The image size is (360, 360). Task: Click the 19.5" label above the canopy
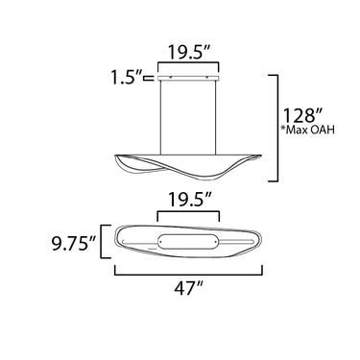[189, 53]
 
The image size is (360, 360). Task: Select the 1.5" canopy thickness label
[127, 78]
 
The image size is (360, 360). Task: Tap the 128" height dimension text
[302, 115]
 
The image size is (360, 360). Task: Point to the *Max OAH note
[307, 130]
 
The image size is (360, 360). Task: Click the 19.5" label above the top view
[189, 201]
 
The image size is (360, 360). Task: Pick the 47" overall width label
[189, 289]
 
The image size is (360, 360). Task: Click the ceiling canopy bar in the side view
[188, 78]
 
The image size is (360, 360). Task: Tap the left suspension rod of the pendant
[160, 117]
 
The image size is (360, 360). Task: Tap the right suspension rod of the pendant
[216, 117]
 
